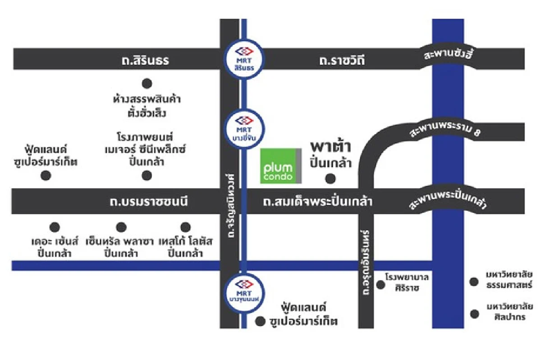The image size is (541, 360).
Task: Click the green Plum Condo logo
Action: click(x=281, y=166)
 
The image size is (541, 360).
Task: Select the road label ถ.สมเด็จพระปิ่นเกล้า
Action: click(x=318, y=201)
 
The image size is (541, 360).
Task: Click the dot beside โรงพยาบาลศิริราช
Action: click(x=381, y=284)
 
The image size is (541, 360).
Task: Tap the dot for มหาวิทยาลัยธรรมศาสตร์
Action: click(x=474, y=282)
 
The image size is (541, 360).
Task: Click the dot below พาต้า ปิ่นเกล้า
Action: click(x=330, y=179)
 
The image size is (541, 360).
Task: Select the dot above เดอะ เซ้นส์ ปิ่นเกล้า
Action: click(x=55, y=227)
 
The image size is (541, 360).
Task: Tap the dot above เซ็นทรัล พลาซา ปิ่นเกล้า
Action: click(x=121, y=227)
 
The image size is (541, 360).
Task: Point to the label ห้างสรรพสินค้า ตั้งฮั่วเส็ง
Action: click(x=147, y=105)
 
